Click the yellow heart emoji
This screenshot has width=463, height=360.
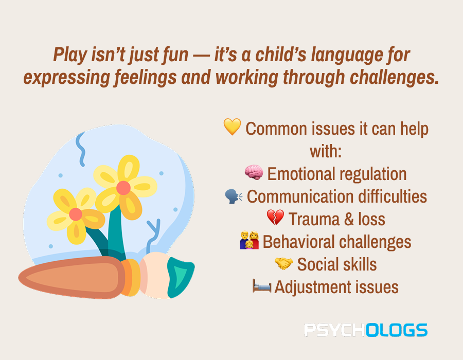pos(232,127)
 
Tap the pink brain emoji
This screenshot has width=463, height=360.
pos(254,172)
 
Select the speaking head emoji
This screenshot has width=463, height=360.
pos(234,196)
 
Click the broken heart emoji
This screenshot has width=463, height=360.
pos(275,218)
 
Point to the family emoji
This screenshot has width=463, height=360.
pos(250,240)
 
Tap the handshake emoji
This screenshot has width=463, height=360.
pos(284,263)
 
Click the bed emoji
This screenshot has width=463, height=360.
pos(262,285)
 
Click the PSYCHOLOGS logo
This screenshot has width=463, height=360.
pos(366,330)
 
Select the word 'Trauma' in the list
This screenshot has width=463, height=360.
pos(314,219)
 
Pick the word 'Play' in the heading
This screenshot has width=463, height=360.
pos(70,55)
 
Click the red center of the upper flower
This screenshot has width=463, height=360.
pos(123,188)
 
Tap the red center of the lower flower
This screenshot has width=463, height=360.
pos(76,214)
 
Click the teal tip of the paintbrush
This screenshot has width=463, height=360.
pos(180,277)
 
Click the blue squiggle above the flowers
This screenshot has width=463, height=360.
pos(81,149)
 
